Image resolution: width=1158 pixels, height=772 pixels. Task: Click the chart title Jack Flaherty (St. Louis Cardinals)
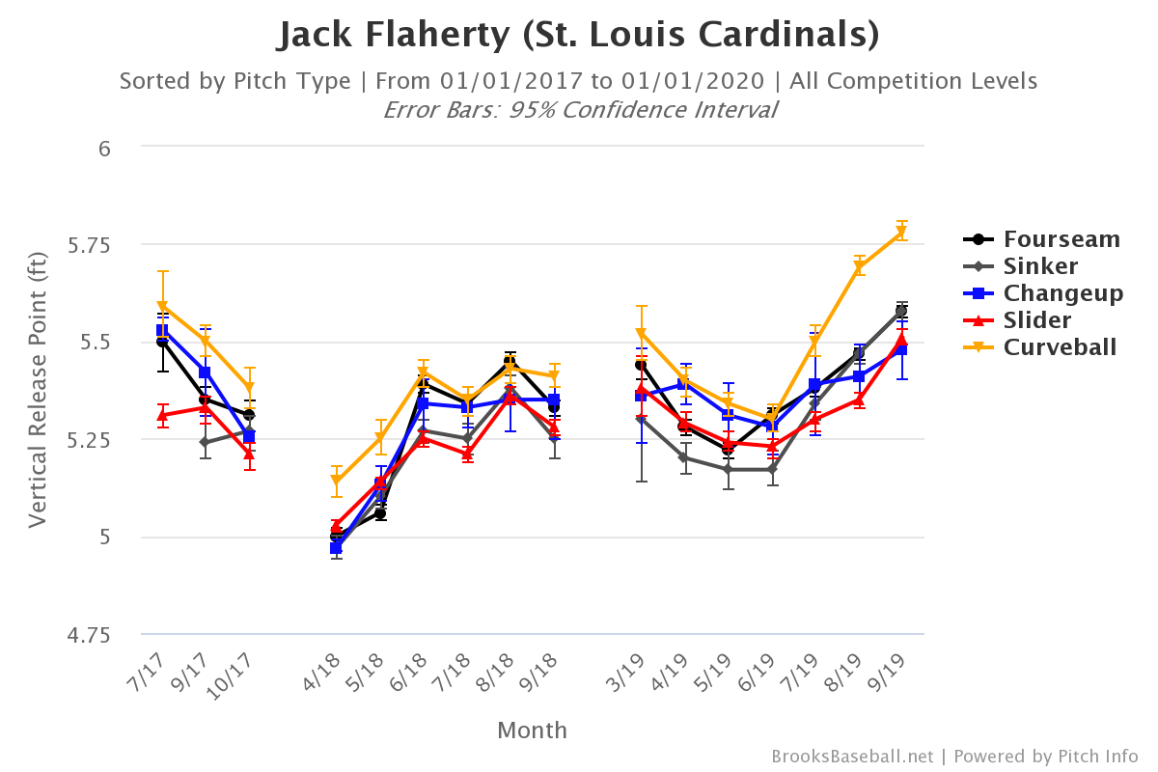pos(579,35)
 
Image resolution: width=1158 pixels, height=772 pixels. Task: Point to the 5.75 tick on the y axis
pos(90,245)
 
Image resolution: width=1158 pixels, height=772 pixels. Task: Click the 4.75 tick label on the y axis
pos(90,635)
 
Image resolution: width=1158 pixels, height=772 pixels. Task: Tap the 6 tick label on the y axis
pos(105,148)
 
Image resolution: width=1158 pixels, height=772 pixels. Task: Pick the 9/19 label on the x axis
pos(893,666)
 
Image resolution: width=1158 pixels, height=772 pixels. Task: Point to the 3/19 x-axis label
pos(632,666)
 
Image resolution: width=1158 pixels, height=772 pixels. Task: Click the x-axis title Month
pos(533,731)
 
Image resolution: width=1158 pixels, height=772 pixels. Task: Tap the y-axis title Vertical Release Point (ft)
pos(38,391)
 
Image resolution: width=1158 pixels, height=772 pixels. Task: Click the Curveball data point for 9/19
pos(902,233)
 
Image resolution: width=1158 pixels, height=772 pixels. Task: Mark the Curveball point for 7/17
pos(162,307)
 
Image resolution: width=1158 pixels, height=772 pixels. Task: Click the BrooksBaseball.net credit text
pos(852,757)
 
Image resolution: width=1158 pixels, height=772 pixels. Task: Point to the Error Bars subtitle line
pos(579,109)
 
